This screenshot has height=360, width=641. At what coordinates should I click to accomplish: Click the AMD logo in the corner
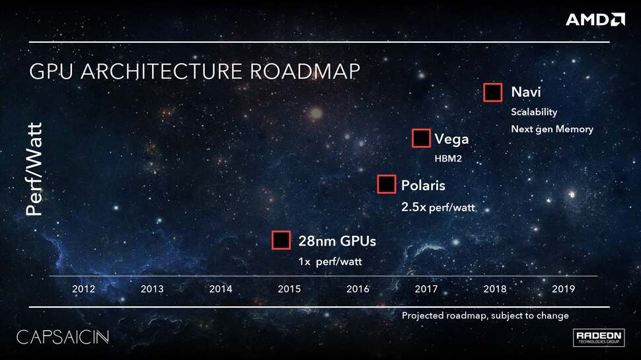(595, 19)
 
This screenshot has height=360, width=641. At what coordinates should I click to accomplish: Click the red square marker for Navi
(493, 92)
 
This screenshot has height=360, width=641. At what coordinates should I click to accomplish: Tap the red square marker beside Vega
(421, 138)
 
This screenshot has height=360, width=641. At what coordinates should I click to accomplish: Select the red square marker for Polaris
(387, 184)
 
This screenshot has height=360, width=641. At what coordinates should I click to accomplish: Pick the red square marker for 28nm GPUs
(282, 240)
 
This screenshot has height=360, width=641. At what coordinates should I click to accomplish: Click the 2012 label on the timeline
(84, 289)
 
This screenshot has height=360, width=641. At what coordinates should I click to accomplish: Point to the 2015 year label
(289, 289)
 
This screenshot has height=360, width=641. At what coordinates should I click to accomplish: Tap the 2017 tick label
(426, 289)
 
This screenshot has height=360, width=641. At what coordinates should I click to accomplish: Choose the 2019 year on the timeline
(563, 289)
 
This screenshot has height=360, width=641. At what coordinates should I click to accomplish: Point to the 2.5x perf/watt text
(437, 207)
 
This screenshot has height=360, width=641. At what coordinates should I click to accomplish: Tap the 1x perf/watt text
(330, 262)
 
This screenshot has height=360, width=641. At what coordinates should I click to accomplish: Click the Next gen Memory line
(552, 129)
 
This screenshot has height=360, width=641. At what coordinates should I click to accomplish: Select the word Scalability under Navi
(534, 112)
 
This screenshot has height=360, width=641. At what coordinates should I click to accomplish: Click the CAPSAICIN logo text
(62, 336)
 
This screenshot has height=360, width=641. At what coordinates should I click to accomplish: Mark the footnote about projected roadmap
(485, 316)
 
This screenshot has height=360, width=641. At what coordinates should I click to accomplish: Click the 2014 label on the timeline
(221, 289)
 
